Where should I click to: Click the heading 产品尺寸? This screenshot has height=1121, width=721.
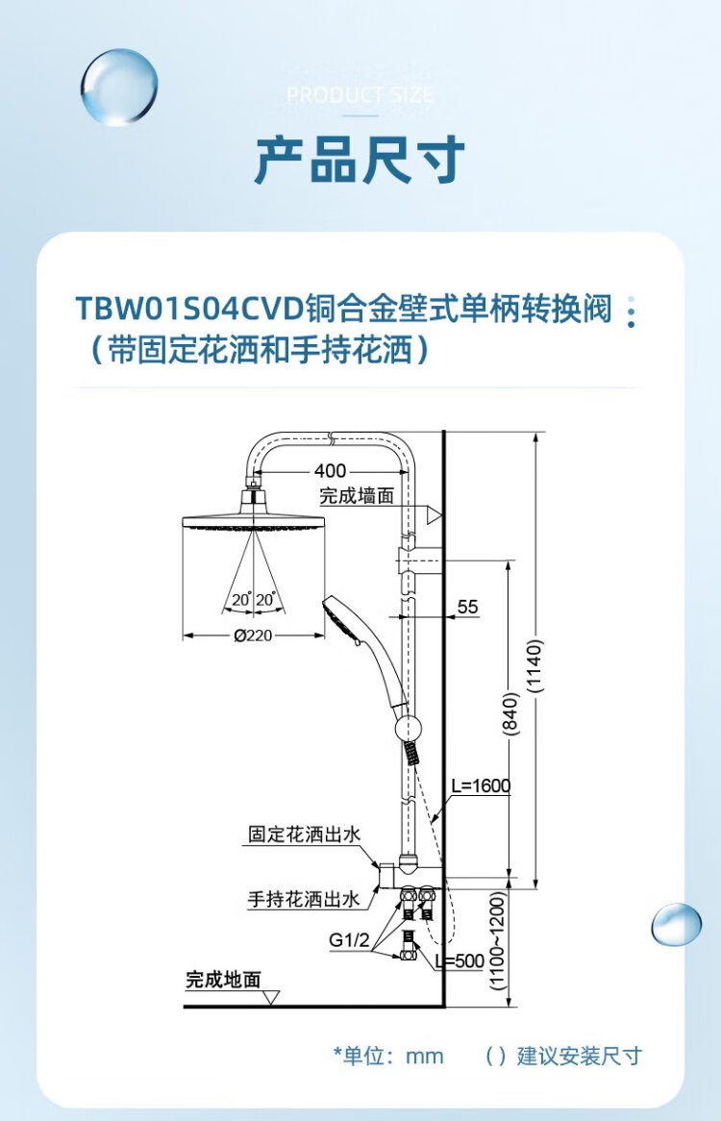[x=360, y=160]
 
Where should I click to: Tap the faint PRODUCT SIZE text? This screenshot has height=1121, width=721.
[x=360, y=95]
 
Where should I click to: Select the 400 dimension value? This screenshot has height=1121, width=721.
[x=330, y=471]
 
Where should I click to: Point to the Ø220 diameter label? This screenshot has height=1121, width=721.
[x=253, y=635]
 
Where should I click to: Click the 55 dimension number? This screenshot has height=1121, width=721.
[x=467, y=607]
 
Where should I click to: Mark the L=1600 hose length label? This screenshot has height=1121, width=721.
[x=481, y=785]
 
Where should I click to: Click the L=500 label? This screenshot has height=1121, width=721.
[x=460, y=960]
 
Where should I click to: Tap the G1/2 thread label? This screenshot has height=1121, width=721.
[x=349, y=938]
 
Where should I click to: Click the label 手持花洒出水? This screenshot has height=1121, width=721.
[x=303, y=900]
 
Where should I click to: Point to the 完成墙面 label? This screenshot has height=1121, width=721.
[x=357, y=496]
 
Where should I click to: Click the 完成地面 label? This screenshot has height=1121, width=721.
[x=223, y=980]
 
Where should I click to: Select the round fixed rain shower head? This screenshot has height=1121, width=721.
[x=253, y=524]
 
